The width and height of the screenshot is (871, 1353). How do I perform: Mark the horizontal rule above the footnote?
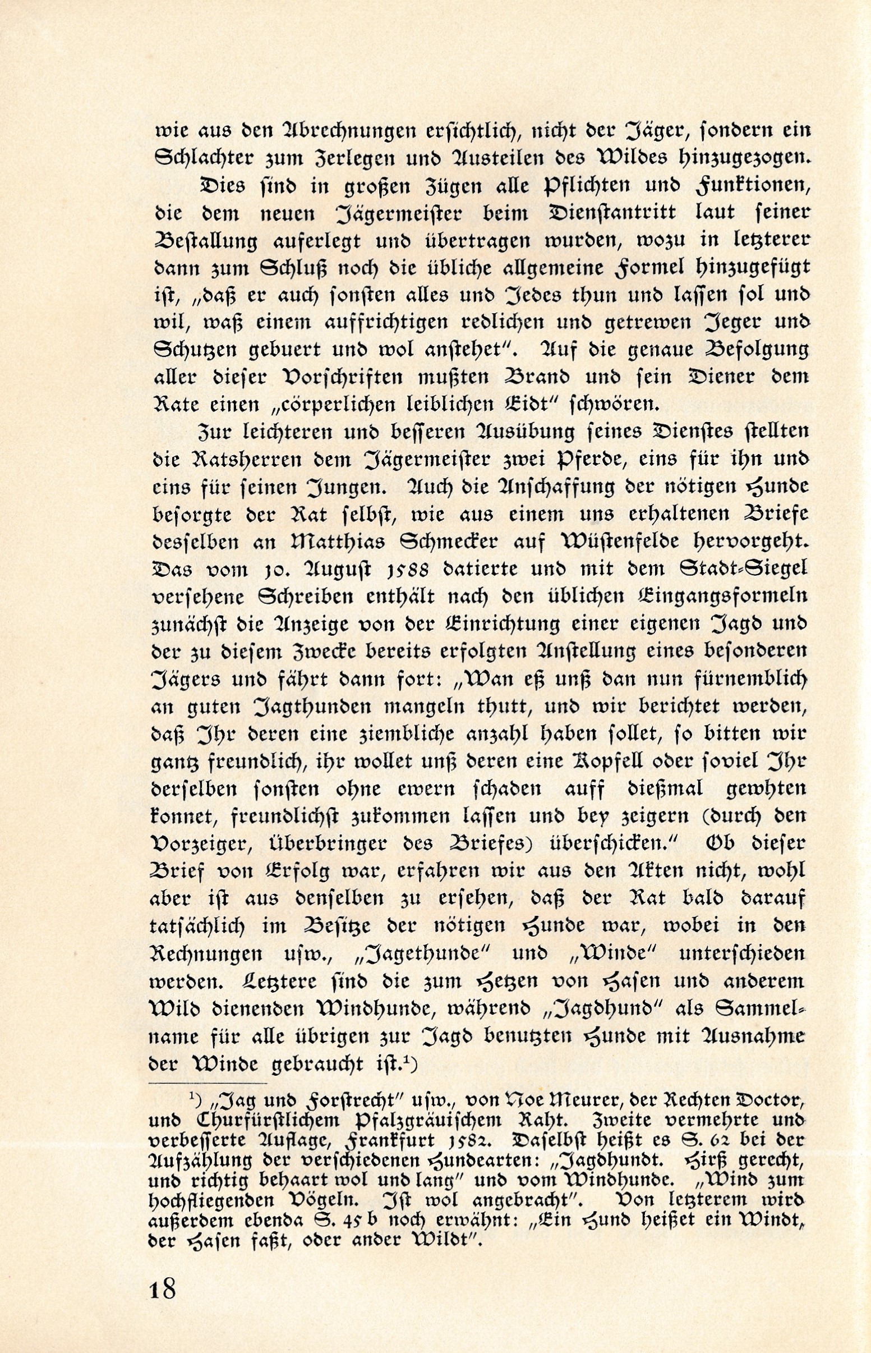pos(207,1083)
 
